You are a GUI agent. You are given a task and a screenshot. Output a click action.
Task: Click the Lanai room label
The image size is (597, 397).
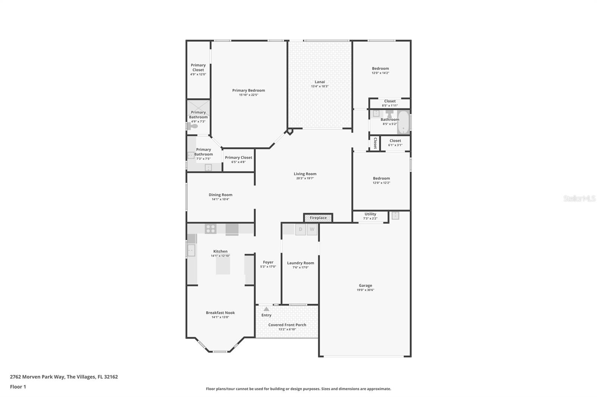(x=320, y=82)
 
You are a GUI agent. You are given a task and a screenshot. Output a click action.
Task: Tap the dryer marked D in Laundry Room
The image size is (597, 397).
(x=301, y=229)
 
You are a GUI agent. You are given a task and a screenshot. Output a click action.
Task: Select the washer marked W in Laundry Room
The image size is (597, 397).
(x=312, y=229)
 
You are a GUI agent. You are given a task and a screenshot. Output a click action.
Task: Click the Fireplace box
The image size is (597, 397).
(x=318, y=218)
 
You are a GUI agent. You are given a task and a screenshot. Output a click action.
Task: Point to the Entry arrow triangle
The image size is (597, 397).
(x=266, y=309)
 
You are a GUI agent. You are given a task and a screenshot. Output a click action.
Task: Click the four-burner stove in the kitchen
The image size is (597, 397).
(x=210, y=229)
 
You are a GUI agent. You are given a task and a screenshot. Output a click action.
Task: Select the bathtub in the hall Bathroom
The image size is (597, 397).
(x=403, y=123)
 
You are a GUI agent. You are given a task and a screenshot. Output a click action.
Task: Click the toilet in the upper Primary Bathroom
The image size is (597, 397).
(x=193, y=126)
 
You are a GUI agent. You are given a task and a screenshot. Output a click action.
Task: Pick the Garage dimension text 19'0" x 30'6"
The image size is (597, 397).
(x=365, y=290)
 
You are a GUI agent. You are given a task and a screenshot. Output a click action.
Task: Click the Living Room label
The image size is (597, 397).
(x=305, y=174)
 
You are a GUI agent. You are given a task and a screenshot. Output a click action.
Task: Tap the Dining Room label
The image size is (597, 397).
(x=220, y=195)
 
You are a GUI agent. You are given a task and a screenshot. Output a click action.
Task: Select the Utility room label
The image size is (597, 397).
(x=370, y=214)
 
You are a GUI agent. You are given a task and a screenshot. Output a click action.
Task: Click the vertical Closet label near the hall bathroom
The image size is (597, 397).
(x=375, y=143)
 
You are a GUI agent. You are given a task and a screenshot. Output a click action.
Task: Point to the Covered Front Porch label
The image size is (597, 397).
(x=287, y=325)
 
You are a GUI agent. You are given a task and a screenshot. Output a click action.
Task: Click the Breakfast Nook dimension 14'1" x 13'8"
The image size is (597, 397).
(x=220, y=317)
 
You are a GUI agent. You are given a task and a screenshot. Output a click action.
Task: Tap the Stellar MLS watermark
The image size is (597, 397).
(x=579, y=199)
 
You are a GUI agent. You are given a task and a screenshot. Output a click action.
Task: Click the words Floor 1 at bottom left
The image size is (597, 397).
(x=18, y=387)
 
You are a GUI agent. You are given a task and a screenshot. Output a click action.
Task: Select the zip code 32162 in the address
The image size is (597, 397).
(x=111, y=377)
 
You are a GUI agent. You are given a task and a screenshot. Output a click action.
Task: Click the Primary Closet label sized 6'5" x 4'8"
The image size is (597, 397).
(x=238, y=158)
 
